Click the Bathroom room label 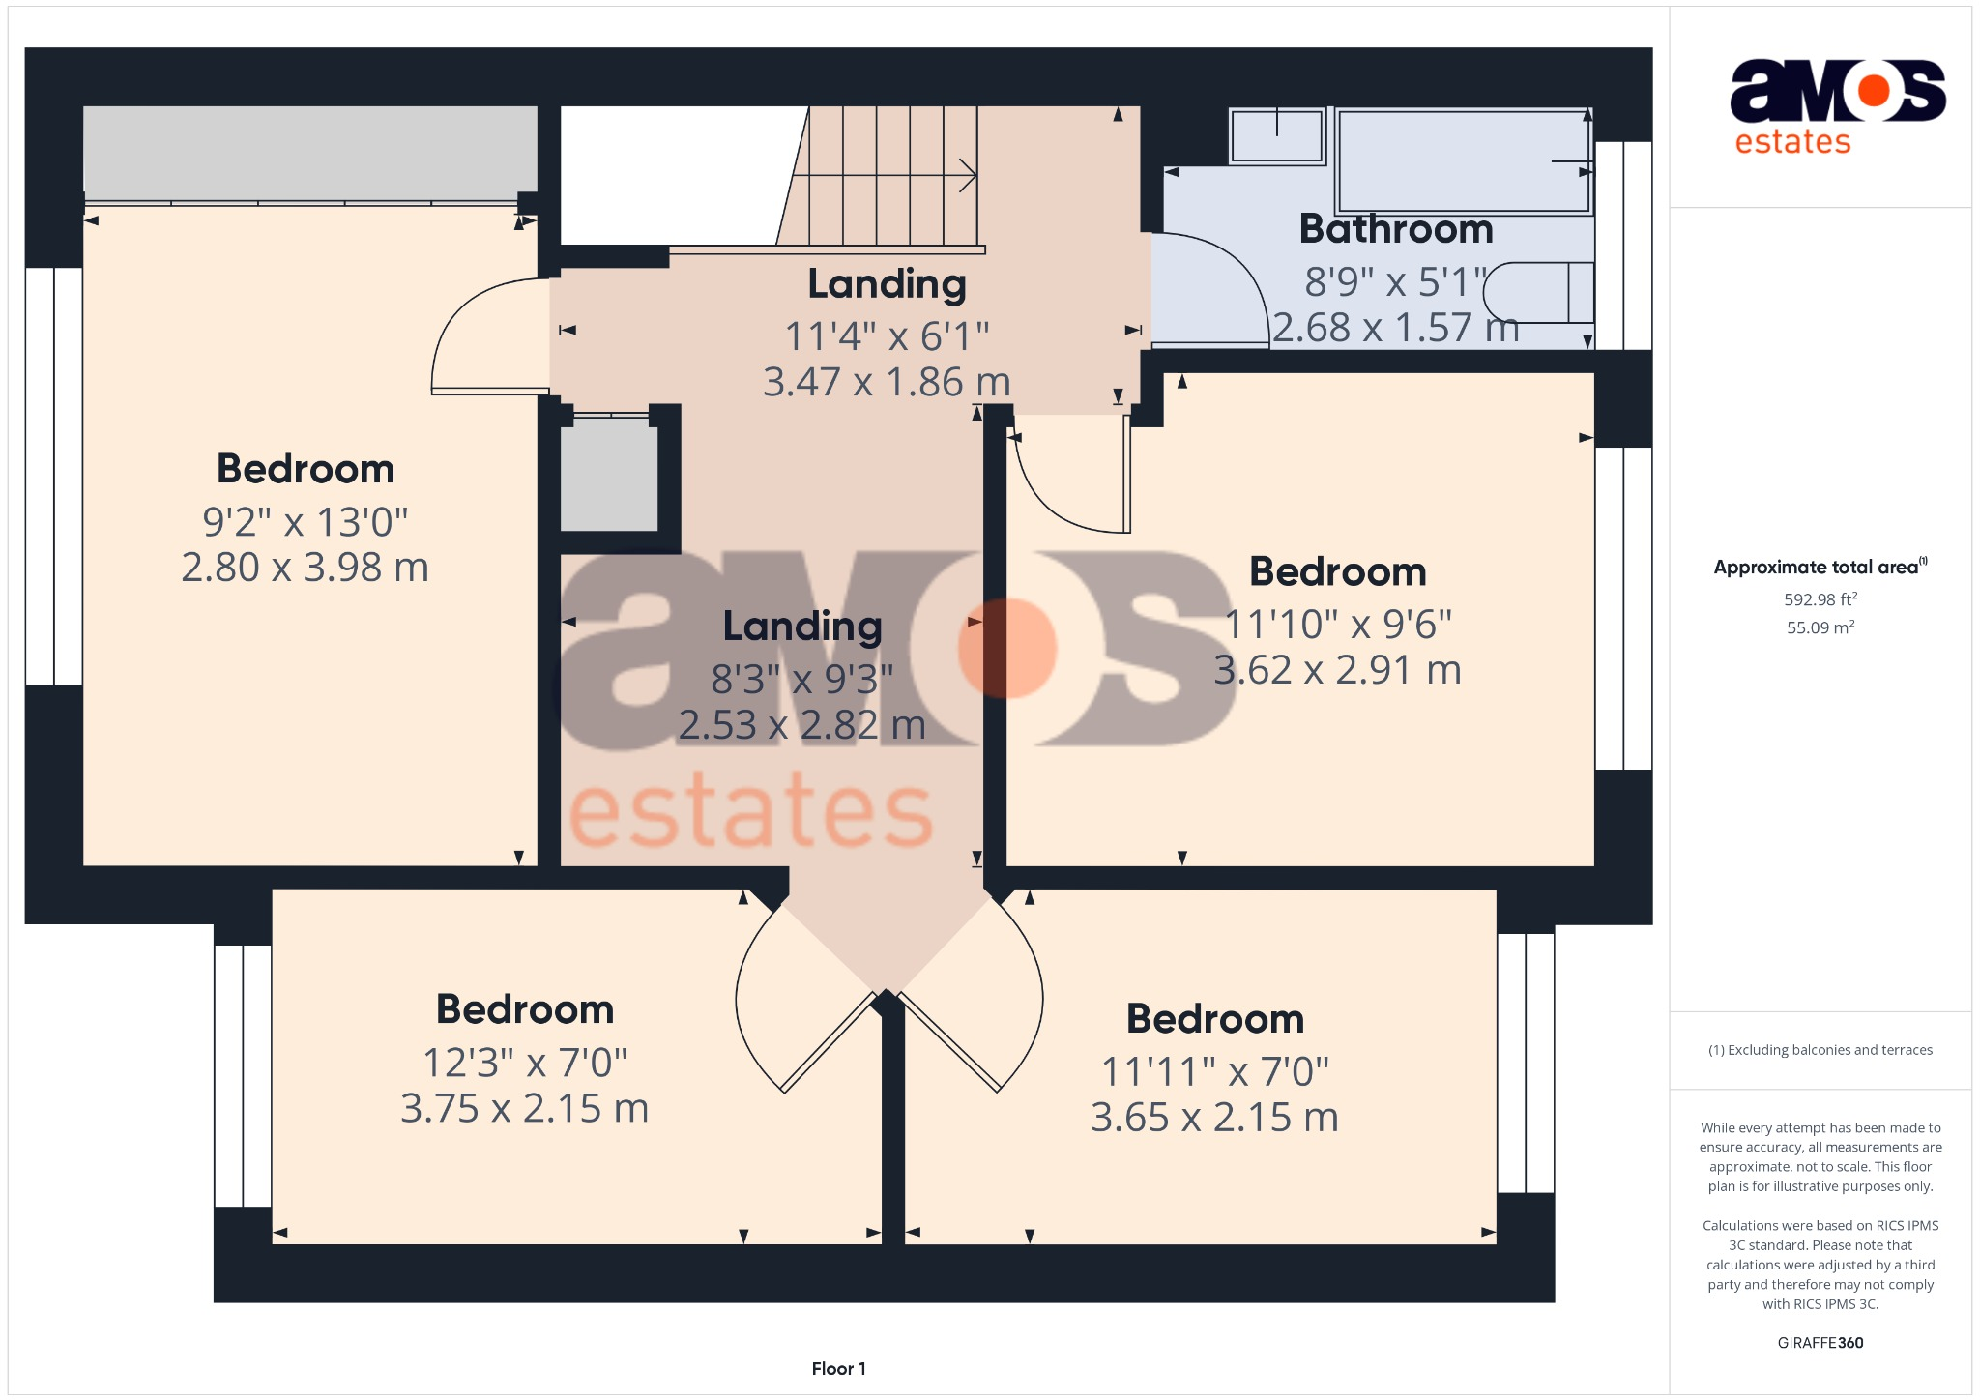click(1395, 230)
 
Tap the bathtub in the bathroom click(1462, 160)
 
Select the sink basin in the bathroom click(1277, 136)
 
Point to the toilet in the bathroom click(1537, 293)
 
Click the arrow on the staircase click(967, 175)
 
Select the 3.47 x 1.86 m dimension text click(886, 382)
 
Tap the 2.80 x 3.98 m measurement click(305, 568)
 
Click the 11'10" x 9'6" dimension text click(1337, 625)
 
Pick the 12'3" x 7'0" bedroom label click(524, 1063)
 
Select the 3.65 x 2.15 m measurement click(1214, 1118)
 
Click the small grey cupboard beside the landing click(609, 474)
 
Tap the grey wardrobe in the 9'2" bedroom click(309, 150)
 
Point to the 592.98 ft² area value click(1820, 599)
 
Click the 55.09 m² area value click(1820, 627)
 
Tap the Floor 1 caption click(838, 1368)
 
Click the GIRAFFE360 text click(1820, 1342)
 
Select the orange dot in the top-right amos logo click(1873, 91)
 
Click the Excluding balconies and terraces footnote click(1820, 1050)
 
